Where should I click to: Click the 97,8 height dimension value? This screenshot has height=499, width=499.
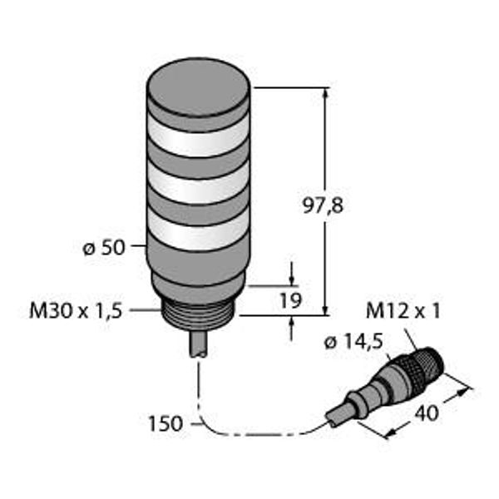click(323, 206)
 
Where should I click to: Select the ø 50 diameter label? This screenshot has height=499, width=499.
click(104, 248)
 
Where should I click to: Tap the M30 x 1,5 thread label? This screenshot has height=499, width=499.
click(76, 310)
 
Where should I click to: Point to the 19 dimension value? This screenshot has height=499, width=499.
click(290, 300)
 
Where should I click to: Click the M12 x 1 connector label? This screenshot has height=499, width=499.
click(403, 311)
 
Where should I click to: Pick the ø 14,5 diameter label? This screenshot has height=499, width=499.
click(353, 343)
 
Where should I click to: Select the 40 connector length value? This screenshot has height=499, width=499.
click(427, 413)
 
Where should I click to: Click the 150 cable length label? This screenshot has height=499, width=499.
click(166, 423)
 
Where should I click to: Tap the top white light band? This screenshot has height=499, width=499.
click(198, 139)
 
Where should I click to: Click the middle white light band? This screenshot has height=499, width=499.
click(198, 185)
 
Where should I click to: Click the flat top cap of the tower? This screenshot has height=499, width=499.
click(198, 86)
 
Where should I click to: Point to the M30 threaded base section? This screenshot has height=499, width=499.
click(199, 315)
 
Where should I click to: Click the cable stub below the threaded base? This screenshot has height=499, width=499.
click(199, 344)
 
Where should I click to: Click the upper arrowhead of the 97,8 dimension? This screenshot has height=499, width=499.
click(325, 93)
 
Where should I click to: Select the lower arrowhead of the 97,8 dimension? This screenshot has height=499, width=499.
click(325, 309)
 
